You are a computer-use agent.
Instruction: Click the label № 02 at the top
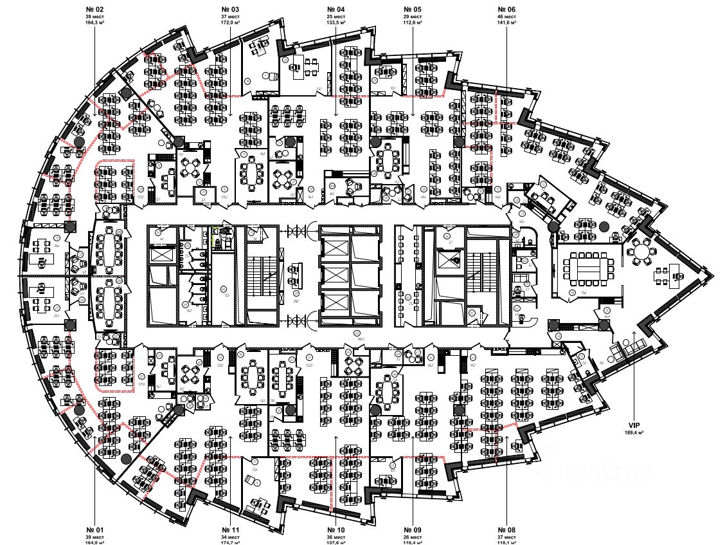(95, 9)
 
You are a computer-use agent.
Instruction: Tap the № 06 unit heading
(506, 9)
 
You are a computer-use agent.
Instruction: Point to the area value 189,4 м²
(636, 433)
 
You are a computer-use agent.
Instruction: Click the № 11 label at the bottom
(231, 530)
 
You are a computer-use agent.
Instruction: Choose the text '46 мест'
(506, 16)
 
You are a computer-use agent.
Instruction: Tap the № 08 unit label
(506, 530)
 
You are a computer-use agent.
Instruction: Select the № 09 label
(414, 530)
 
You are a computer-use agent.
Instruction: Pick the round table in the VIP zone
(641, 251)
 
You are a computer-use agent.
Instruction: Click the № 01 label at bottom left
(95, 530)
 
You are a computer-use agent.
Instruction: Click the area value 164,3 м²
(95, 22)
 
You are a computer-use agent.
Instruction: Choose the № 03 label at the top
(231, 9)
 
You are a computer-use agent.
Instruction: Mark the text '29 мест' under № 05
(413, 16)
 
